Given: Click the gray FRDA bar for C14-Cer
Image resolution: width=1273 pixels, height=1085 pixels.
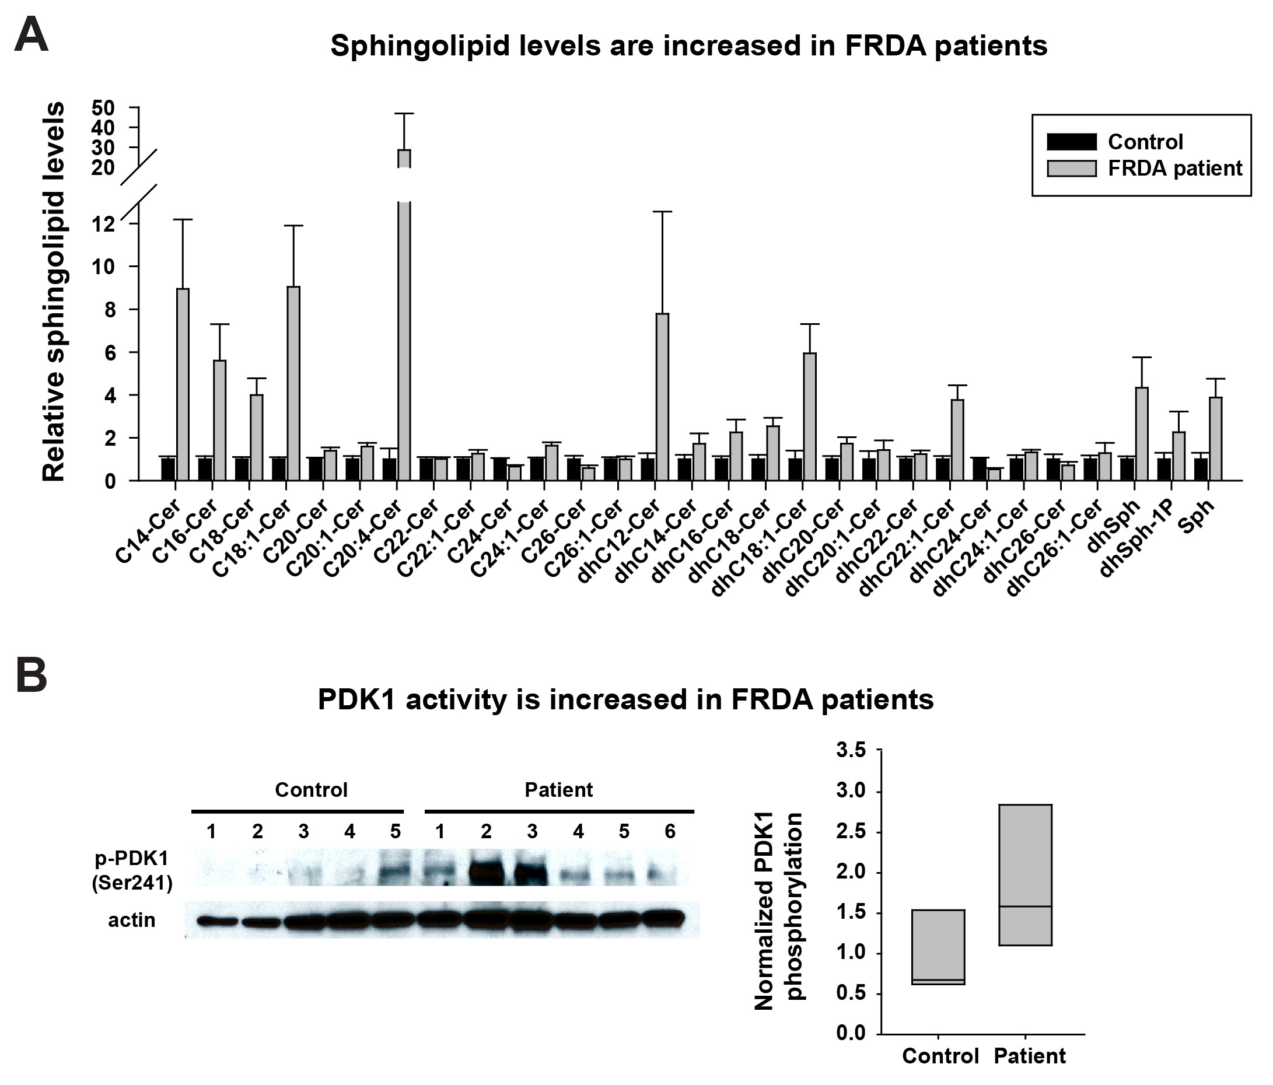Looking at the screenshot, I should pyautogui.click(x=183, y=384).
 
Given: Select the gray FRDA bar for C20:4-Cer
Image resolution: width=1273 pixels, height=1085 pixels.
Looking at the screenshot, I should pyautogui.click(x=404, y=338).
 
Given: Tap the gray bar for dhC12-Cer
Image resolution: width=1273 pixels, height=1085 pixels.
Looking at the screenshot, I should pyautogui.click(x=662, y=396).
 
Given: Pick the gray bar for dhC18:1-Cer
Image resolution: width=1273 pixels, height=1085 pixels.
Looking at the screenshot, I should pyautogui.click(x=810, y=416).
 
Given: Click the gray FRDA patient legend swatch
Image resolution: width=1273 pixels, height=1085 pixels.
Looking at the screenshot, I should pyautogui.click(x=1072, y=169).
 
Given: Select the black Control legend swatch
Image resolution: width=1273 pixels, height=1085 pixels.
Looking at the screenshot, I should pyautogui.click(x=1072, y=142).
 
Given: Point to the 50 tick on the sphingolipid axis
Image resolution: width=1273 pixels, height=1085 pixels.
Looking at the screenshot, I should pyautogui.click(x=103, y=108).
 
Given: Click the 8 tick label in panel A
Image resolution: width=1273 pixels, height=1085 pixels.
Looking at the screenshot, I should pyautogui.click(x=109, y=310).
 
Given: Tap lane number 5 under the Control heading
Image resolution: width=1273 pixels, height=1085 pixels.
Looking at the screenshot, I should pyautogui.click(x=395, y=831).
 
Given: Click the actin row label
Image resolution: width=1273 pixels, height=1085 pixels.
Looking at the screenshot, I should pyautogui.click(x=131, y=921).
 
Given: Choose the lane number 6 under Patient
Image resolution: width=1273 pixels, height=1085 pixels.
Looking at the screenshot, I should pyautogui.click(x=670, y=831).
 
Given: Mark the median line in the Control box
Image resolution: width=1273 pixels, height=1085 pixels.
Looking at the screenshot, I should pyautogui.click(x=938, y=980).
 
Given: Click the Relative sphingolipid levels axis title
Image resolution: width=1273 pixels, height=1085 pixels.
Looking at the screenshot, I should pyautogui.click(x=54, y=292).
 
